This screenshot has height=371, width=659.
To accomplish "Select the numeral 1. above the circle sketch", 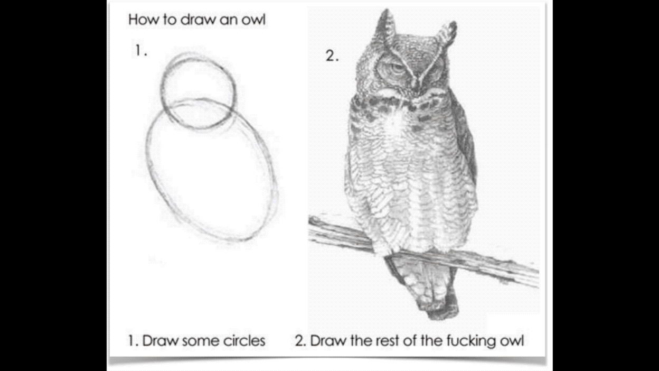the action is click(141, 50).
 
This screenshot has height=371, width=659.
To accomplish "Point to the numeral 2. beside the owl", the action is click(332, 55).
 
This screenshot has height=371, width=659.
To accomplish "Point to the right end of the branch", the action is click(537, 277).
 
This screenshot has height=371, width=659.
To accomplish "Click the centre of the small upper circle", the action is click(199, 91).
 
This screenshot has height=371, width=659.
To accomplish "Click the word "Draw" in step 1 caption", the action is click(161, 341).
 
